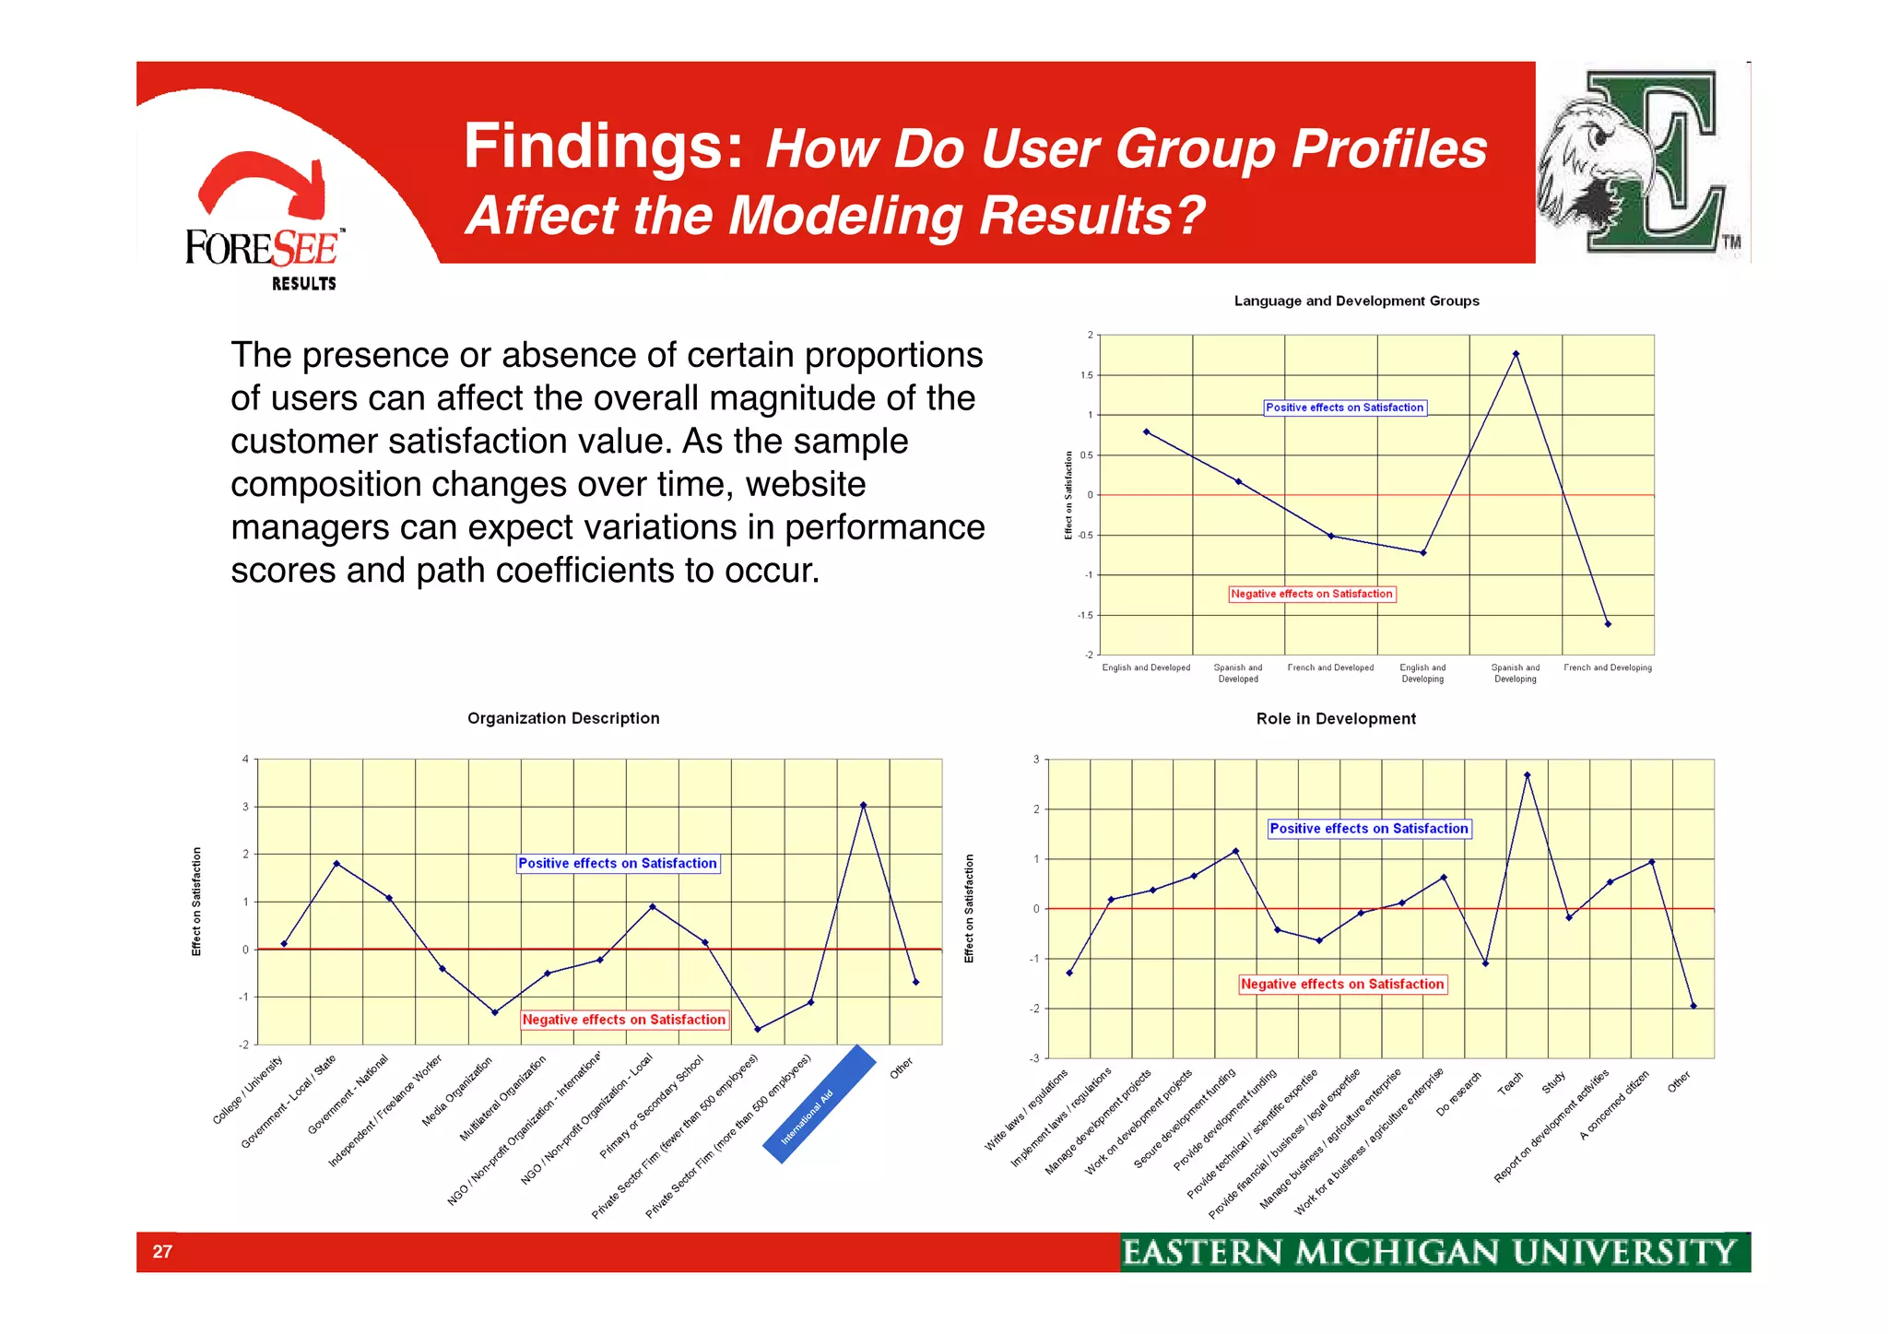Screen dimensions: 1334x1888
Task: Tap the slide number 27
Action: pyautogui.click(x=162, y=1251)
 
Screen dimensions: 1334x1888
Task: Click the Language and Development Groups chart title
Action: pyautogui.click(x=1356, y=301)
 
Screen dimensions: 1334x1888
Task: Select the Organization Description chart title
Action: pyautogui.click(x=563, y=718)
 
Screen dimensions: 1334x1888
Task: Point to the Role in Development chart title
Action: pyautogui.click(x=1336, y=718)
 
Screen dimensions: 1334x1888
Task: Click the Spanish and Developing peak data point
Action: pyautogui.click(x=1516, y=354)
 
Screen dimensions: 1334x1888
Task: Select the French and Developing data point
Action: pyautogui.click(x=1608, y=624)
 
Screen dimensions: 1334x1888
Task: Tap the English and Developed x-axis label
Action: pyautogui.click(x=1146, y=667)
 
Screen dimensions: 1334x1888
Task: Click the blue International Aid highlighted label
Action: pyautogui.click(x=818, y=1105)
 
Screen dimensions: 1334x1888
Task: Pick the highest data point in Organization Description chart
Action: pyautogui.click(x=863, y=805)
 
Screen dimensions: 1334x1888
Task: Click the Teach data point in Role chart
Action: pyautogui.click(x=1527, y=775)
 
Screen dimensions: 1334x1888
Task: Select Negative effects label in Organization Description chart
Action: pyautogui.click(x=624, y=1020)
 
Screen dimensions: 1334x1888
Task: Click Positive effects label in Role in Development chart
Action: pyautogui.click(x=1369, y=829)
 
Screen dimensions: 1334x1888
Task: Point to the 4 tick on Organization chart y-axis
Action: pyautogui.click(x=245, y=759)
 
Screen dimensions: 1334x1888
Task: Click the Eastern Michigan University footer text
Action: pyautogui.click(x=1429, y=1252)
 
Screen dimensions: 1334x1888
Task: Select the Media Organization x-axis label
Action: pyautogui.click(x=458, y=1092)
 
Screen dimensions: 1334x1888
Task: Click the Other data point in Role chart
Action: pyautogui.click(x=1693, y=1006)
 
